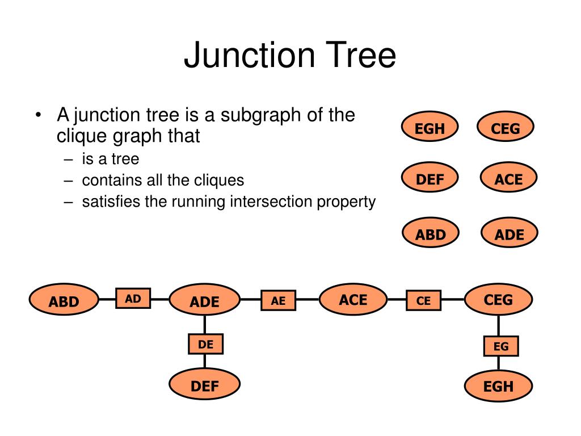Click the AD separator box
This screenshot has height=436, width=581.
pyautogui.click(x=133, y=298)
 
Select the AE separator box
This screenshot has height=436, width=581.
pyautogui.click(x=278, y=300)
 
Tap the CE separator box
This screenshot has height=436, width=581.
pyautogui.click(x=423, y=300)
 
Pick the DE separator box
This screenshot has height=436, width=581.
pyautogui.click(x=205, y=344)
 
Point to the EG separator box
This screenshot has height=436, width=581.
pyautogui.click(x=501, y=346)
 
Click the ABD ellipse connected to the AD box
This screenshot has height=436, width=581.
pyautogui.click(x=64, y=300)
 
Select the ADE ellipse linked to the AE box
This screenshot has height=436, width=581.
pyautogui.click(x=204, y=300)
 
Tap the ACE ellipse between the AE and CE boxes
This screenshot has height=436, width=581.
pyautogui.click(x=353, y=299)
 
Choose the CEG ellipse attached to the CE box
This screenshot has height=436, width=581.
pyautogui.click(x=498, y=299)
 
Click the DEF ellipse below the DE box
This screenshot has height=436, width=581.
pyautogui.click(x=204, y=384)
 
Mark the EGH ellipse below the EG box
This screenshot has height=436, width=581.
pyautogui.click(x=498, y=385)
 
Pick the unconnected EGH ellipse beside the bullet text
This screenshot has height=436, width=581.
pyautogui.click(x=430, y=127)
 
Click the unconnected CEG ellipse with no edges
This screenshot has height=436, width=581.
pyautogui.click(x=506, y=127)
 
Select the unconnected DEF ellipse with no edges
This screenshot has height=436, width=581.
pyautogui.click(x=430, y=177)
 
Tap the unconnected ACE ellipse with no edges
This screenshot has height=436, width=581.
pyautogui.click(x=509, y=177)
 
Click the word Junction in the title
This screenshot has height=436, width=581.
pyautogui.click(x=250, y=56)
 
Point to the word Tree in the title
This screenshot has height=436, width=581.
pyautogui.click(x=360, y=55)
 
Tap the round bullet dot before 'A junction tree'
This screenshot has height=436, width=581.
pyautogui.click(x=38, y=115)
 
